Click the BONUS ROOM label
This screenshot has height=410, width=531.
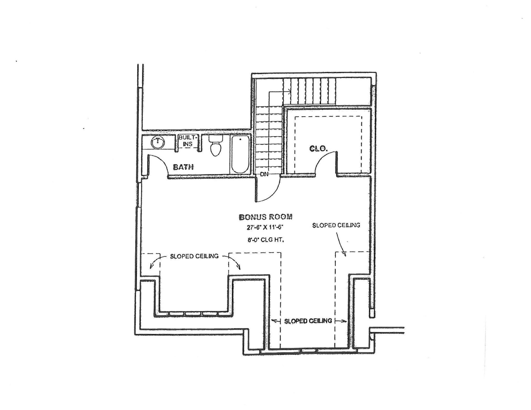pos(266,217)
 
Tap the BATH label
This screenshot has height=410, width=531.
pos(183,167)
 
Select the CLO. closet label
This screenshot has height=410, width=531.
pos(318,149)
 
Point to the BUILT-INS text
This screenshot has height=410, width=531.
pos(188,141)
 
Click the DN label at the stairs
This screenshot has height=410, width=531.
pos(264,174)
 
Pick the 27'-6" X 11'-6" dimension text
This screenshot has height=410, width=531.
pos(265,228)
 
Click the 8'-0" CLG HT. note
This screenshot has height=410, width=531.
pos(266,240)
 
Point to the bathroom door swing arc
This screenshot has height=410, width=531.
pos(158,164)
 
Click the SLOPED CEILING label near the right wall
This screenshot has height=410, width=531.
pos(336,225)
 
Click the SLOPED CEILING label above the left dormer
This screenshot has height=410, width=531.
pos(194,256)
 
